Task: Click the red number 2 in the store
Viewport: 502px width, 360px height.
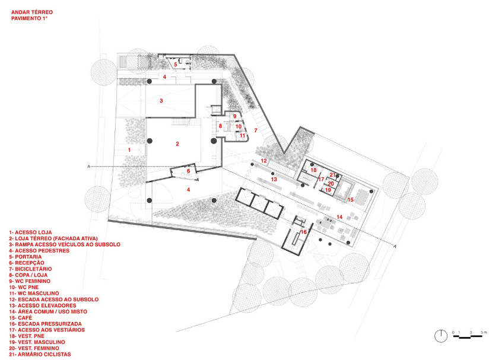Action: click(177, 144)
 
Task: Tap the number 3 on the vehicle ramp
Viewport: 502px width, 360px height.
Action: click(161, 100)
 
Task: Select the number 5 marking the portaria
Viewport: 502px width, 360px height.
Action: click(176, 64)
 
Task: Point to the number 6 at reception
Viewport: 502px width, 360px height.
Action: click(188, 171)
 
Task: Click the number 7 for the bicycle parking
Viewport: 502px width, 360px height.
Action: click(256, 130)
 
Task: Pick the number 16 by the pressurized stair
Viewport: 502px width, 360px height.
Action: click(303, 232)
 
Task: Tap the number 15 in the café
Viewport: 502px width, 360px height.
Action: click(351, 200)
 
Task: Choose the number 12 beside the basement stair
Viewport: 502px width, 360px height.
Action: click(263, 161)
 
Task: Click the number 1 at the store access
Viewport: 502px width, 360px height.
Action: click(129, 150)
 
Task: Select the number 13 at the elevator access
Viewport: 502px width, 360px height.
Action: click(274, 179)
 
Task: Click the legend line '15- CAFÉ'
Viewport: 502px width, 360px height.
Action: click(21, 318)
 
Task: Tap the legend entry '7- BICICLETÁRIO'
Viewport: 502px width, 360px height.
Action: click(30, 269)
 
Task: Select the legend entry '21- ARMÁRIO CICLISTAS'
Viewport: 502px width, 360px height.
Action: click(40, 354)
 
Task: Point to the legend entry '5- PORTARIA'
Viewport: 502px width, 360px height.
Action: click(26, 257)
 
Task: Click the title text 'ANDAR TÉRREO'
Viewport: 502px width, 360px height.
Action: click(32, 12)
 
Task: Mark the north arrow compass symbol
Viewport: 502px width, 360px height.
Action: click(441, 336)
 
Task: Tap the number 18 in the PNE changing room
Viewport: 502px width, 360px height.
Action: click(313, 170)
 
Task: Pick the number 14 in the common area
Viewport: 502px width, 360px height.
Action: click(339, 217)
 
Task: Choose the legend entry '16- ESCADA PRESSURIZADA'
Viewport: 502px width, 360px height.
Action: click(45, 324)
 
